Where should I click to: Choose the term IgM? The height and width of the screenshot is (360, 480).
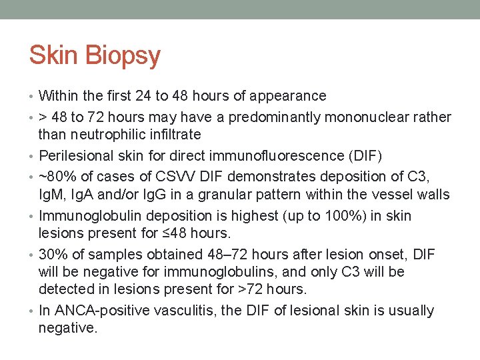click(x=53, y=195)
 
